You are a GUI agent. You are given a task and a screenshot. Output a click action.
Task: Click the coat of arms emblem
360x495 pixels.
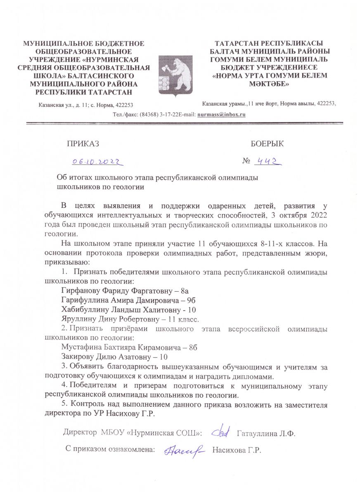click(x=175, y=75)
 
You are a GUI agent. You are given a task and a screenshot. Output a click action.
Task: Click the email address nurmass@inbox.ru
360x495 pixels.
click(x=221, y=114)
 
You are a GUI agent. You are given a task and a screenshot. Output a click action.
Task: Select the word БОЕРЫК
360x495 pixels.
click(x=267, y=144)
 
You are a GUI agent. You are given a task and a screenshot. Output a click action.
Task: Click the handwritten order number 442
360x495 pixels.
click(x=267, y=162)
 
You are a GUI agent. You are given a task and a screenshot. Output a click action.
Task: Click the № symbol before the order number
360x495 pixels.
click(x=247, y=162)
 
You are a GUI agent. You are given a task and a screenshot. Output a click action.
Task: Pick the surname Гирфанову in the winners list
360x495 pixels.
click(x=80, y=290)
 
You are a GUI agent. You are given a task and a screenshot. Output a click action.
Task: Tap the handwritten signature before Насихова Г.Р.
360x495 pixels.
click(x=184, y=450)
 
